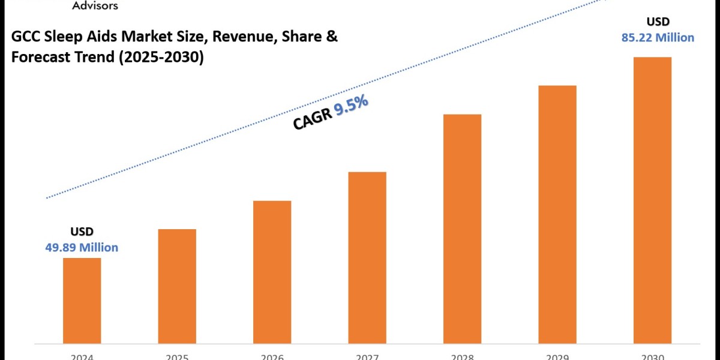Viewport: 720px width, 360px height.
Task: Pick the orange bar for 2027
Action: [x=367, y=257]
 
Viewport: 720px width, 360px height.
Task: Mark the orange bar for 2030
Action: [x=652, y=200]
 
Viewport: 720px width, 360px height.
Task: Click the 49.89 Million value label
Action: [x=82, y=247]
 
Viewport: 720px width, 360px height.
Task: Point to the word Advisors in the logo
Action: [x=95, y=5]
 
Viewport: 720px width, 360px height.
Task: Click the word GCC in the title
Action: [x=25, y=37]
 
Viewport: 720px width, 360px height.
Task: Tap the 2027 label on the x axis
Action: [x=367, y=356]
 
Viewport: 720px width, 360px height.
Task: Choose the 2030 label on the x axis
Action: [x=652, y=356]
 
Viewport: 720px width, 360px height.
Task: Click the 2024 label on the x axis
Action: [x=82, y=356]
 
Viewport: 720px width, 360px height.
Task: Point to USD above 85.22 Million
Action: [x=658, y=22]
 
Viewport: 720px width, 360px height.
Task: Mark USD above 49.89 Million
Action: [x=82, y=232]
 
